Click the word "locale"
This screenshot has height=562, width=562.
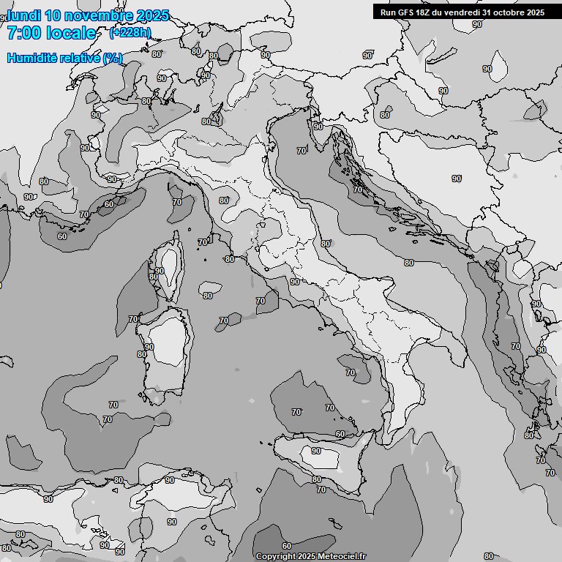[70, 33]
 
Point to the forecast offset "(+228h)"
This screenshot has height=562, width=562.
[130, 32]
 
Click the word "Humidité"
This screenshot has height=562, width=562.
[32, 58]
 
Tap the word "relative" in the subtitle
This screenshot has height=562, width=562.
[80, 58]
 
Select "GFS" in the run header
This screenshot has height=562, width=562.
[407, 12]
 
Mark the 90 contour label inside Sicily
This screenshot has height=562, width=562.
[316, 451]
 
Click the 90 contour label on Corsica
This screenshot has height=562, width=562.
[160, 270]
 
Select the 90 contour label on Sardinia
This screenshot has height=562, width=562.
[149, 347]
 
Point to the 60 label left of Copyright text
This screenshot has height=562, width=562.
[286, 546]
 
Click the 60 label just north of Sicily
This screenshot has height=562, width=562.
[340, 434]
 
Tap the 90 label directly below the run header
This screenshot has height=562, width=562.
[477, 24]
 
